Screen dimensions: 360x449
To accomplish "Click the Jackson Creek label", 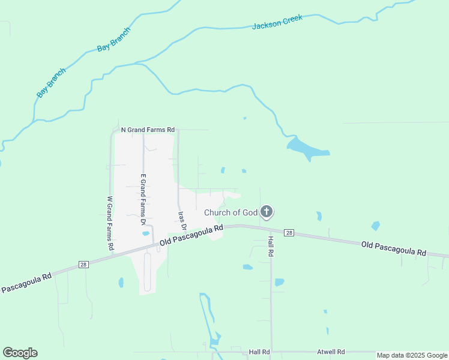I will (x=277, y=22).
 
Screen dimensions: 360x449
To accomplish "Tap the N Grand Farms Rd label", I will (x=148, y=129).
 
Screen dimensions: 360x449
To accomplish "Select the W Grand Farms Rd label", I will (x=110, y=223).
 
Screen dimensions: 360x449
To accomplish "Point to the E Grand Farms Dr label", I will (x=143, y=200).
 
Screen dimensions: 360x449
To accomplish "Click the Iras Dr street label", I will (x=182, y=221).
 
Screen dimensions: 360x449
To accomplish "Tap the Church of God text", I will (x=231, y=212).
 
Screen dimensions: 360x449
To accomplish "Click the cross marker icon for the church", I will (x=267, y=212).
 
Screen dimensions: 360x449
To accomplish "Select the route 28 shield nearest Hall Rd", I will (x=289, y=233).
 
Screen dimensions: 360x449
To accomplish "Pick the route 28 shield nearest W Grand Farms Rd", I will (x=83, y=264).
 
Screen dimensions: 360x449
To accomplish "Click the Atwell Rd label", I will (x=331, y=352).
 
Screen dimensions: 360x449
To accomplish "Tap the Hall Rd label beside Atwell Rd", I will (x=259, y=352).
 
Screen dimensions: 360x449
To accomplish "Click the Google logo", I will (x=20, y=353).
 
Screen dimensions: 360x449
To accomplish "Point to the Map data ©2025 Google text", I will (x=412, y=355).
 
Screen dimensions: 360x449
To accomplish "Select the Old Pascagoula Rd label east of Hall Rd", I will (x=393, y=248).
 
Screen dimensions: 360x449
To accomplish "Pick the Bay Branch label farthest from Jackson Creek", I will (x=51, y=83).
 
